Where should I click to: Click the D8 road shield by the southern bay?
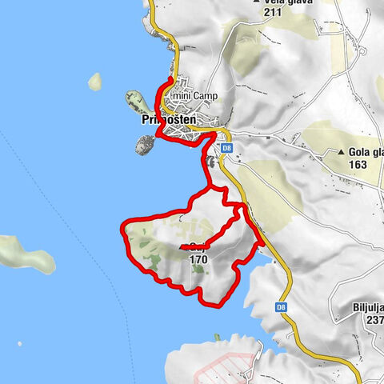tap(281, 306)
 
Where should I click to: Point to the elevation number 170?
tap(199, 259)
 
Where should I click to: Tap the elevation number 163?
tap(359, 165)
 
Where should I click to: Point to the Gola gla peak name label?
tap(366, 152)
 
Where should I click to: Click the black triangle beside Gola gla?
tap(342, 152)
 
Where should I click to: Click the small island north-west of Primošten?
tap(96, 81)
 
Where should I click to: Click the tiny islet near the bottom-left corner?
tap(20, 345)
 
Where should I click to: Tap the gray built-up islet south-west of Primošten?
tap(144, 145)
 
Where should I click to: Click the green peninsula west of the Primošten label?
tap(134, 103)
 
